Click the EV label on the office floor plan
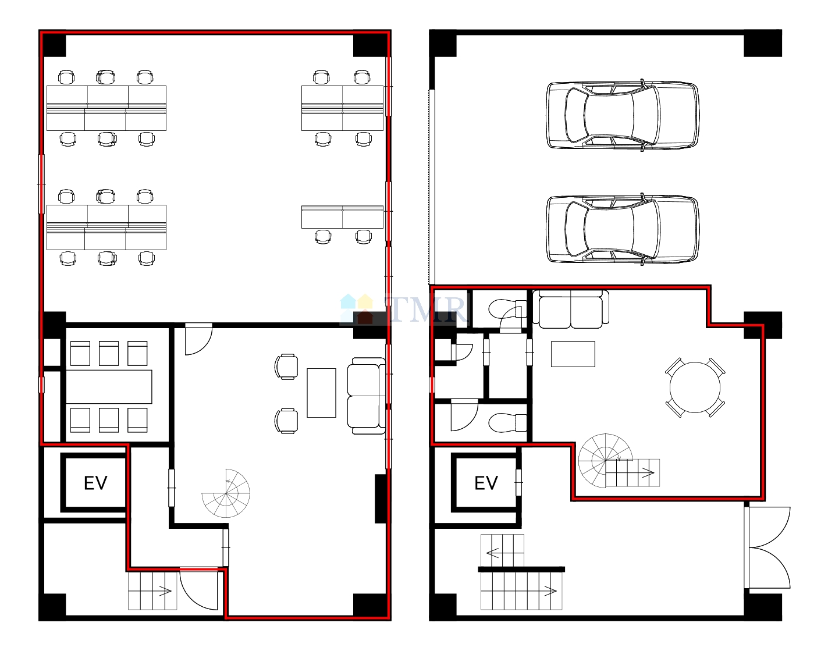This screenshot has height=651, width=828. [x=96, y=483]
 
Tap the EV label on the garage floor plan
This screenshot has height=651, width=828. [x=486, y=483]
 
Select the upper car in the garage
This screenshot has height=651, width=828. [x=623, y=115]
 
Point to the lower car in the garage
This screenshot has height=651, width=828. [x=623, y=229]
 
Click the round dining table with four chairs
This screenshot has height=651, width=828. [x=695, y=387]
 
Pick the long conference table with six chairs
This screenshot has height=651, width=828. [x=109, y=387]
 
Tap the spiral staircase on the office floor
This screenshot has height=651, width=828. [x=226, y=493]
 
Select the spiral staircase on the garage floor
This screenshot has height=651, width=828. [x=605, y=461]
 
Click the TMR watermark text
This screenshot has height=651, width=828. [x=427, y=308]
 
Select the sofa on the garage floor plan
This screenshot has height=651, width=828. [x=570, y=310]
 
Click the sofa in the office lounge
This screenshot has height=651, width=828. [x=367, y=396]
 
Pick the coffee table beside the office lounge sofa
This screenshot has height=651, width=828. [x=321, y=393]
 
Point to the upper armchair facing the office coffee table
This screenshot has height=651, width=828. [x=286, y=367]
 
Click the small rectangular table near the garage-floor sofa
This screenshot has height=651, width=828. [x=573, y=354]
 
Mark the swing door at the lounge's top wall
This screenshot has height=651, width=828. [x=198, y=339]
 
